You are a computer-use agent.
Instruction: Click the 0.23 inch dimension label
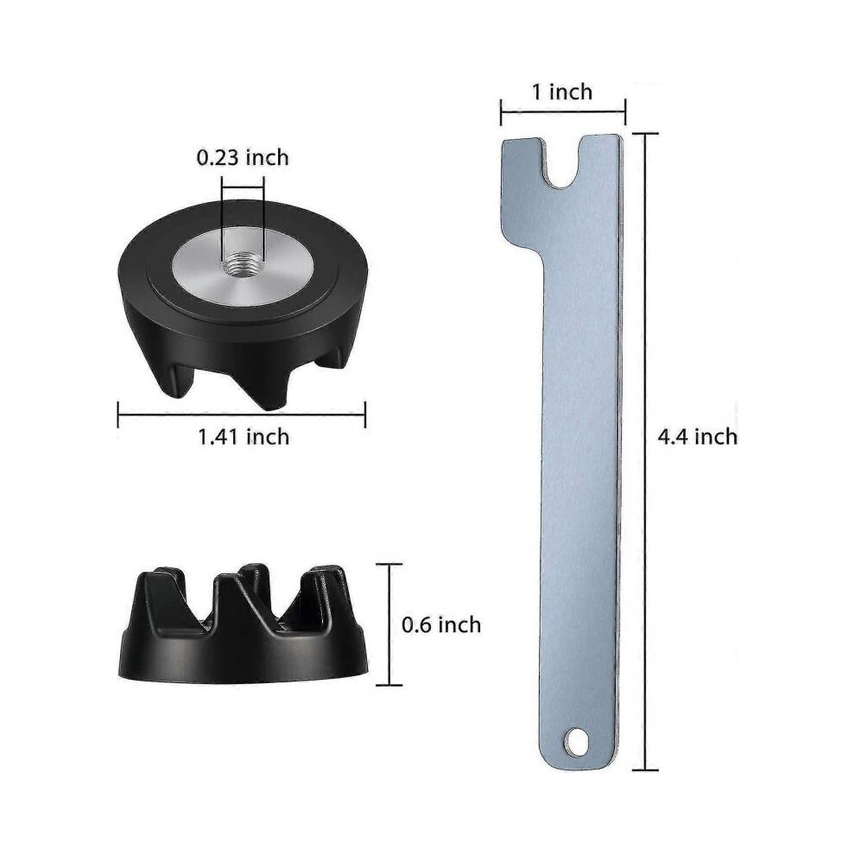[243, 157]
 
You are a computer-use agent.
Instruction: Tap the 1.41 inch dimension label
[244, 437]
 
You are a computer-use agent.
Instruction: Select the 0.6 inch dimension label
[441, 624]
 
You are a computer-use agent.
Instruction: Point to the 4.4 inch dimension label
[698, 436]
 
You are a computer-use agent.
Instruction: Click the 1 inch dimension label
[562, 92]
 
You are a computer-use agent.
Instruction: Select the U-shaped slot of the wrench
[563, 162]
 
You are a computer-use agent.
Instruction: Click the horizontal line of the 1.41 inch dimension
[242, 415]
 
